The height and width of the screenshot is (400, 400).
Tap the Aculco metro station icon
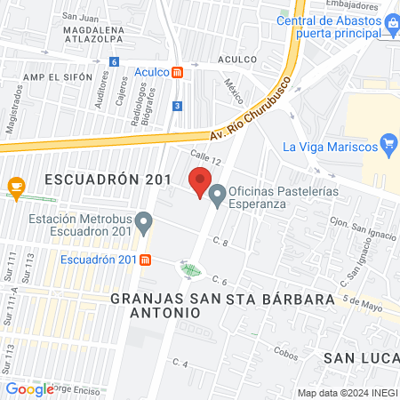179,73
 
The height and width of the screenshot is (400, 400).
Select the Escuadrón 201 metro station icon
146,260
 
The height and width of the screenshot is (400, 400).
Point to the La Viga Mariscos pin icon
388,143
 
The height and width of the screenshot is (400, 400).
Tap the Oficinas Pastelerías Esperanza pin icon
217,193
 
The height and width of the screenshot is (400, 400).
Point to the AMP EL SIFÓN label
59,78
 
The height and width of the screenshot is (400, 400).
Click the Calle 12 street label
205,158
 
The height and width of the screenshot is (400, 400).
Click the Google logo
29,388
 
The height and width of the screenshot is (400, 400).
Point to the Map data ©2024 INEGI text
347,393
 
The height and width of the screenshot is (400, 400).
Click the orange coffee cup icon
15,185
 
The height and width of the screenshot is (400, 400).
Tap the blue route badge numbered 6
114,61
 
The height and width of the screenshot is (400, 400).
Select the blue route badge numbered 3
178,106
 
